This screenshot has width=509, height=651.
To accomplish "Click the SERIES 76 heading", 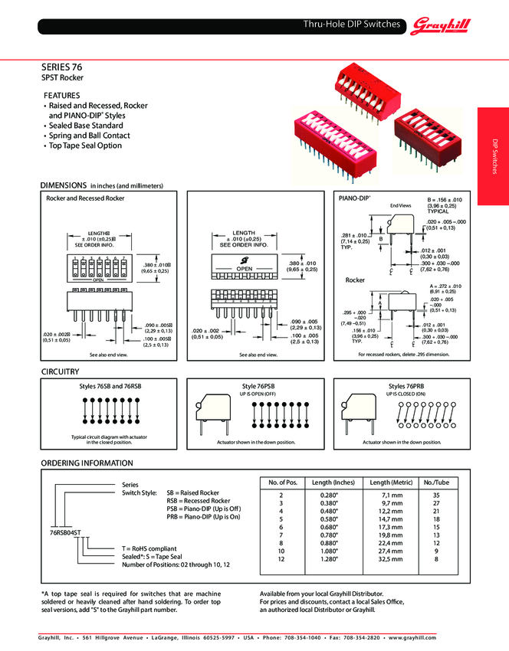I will [62, 67].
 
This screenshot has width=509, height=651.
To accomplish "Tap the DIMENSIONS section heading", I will [64, 185].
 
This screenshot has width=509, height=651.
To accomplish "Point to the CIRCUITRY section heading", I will [60, 371].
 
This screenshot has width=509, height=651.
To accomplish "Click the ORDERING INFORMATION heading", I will [87, 463].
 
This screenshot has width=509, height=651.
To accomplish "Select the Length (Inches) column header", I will [333, 483].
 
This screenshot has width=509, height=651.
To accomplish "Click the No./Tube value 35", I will [436, 496].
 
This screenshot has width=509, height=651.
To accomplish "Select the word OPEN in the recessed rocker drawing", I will [244, 270].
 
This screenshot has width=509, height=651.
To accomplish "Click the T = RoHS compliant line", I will [150, 548].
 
